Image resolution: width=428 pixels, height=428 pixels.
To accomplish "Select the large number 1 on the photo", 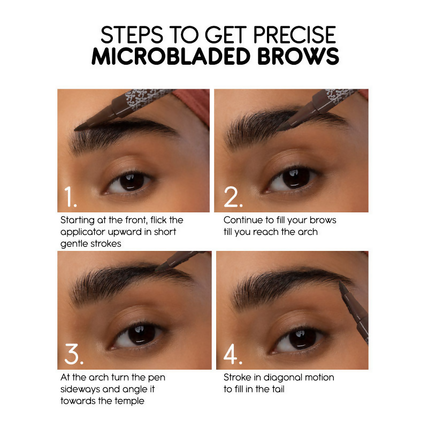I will tap(71, 198).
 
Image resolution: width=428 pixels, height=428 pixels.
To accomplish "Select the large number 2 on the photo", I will tap(233, 198).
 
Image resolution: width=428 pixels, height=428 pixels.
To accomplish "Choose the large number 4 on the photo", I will tap(234, 355).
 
